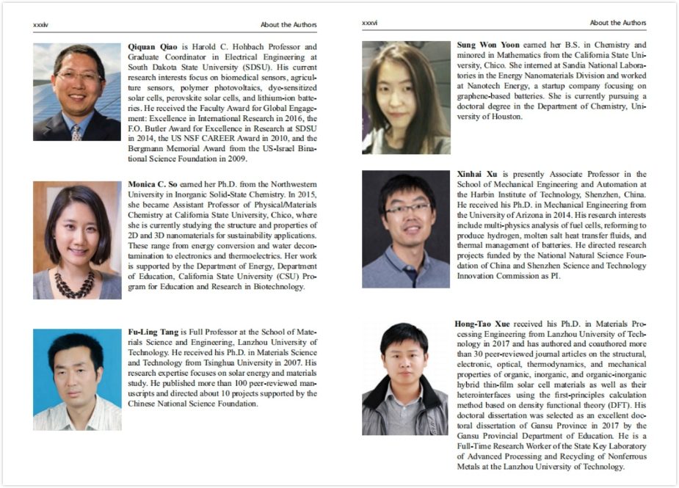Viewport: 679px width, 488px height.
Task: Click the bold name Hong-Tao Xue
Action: coord(482,323)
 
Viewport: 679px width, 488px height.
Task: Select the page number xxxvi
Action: coord(370,23)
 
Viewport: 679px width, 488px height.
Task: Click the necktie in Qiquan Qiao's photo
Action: coord(76,133)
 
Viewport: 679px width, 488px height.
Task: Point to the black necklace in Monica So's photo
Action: coord(75,283)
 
